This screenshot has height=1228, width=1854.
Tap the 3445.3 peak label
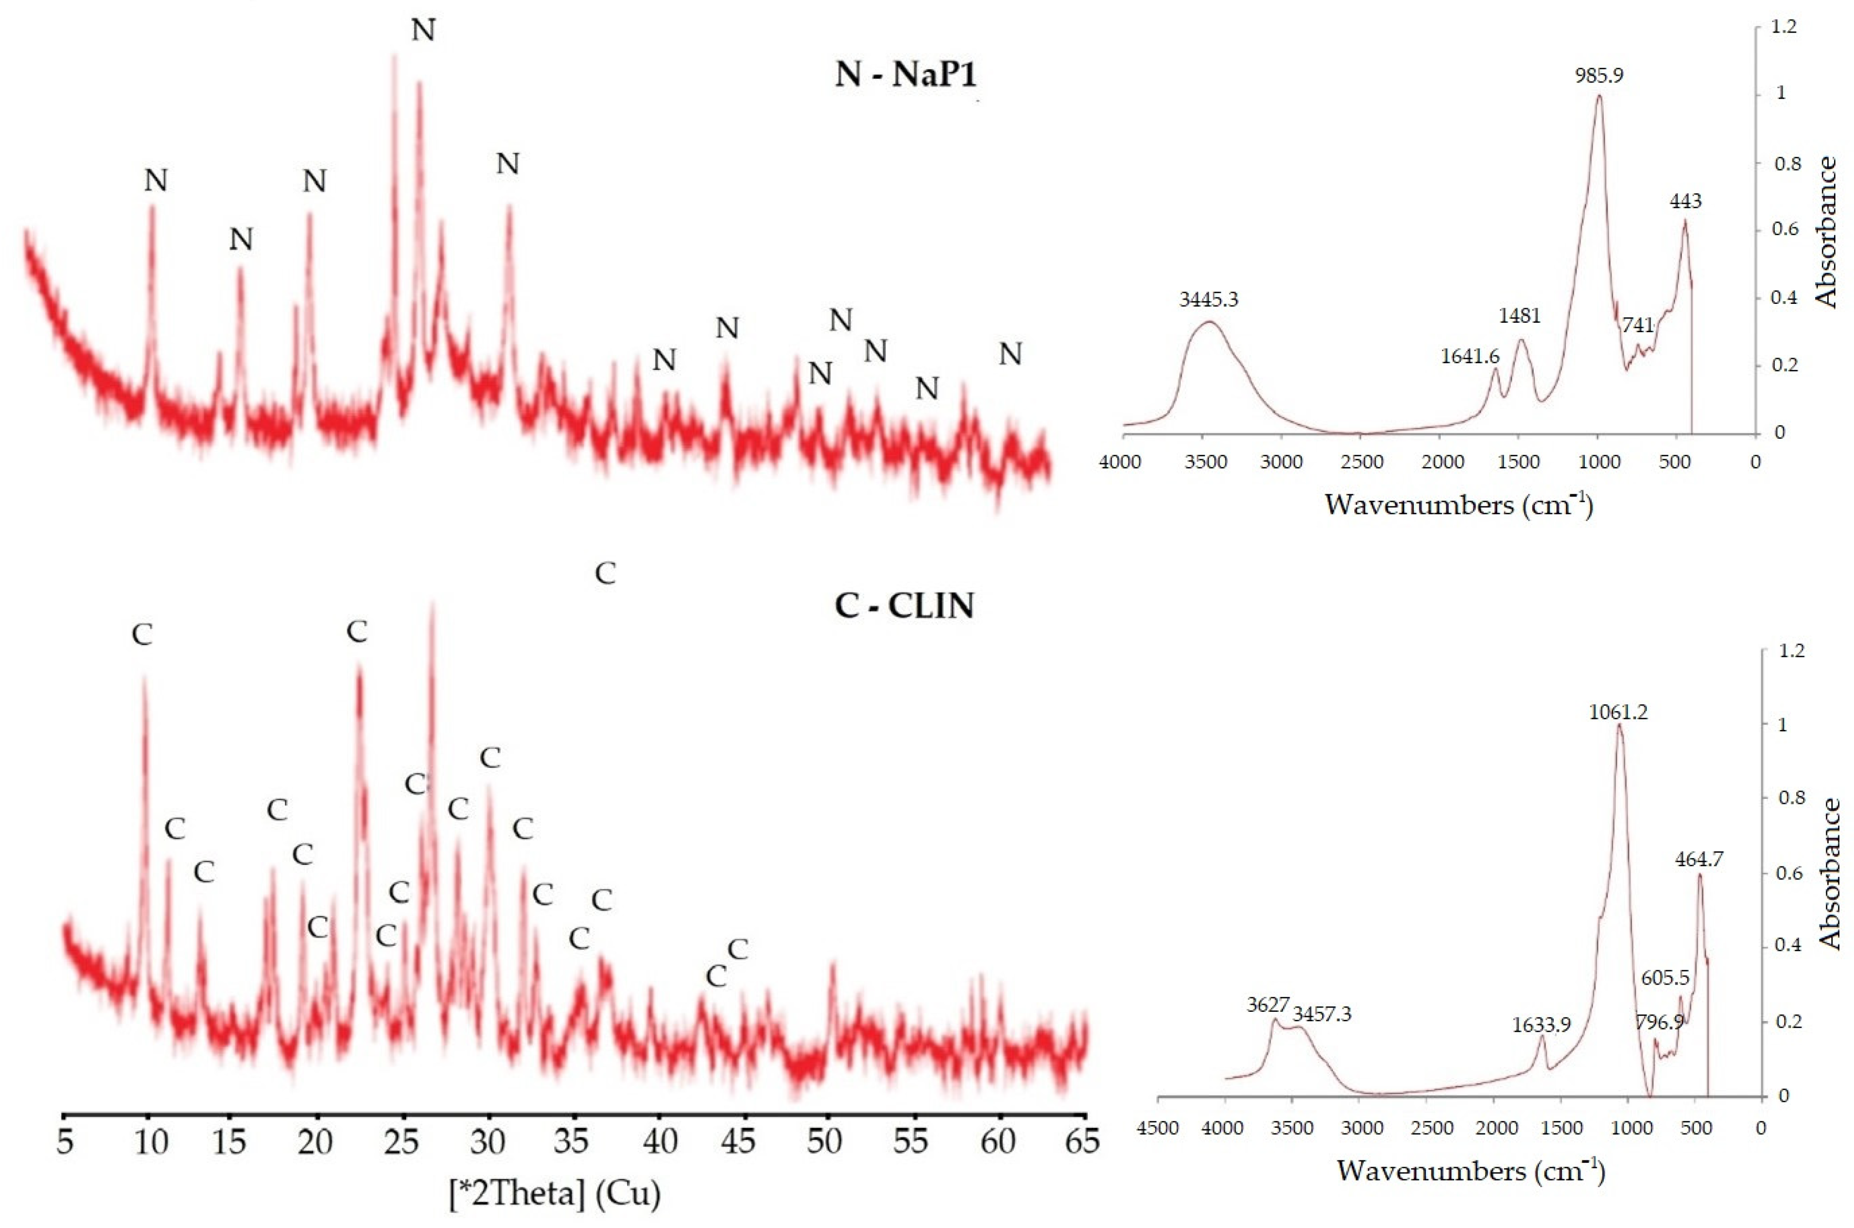pyautogui.click(x=1209, y=299)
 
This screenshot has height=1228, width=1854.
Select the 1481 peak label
pyautogui.click(x=1520, y=315)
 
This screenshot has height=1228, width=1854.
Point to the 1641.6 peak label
pyautogui.click(x=1469, y=356)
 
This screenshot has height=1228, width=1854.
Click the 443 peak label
pyautogui.click(x=1685, y=202)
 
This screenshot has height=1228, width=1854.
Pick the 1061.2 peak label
pyautogui.click(x=1618, y=712)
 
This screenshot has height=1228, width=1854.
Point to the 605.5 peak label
pyautogui.click(x=1665, y=978)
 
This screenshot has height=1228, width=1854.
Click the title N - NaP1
pyautogui.click(x=906, y=76)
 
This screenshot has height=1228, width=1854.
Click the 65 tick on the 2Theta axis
pyautogui.click(x=1083, y=1142)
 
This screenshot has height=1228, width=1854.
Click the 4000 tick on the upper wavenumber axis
pyautogui.click(x=1120, y=462)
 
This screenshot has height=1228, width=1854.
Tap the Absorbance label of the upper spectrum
pyautogui.click(x=1826, y=232)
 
